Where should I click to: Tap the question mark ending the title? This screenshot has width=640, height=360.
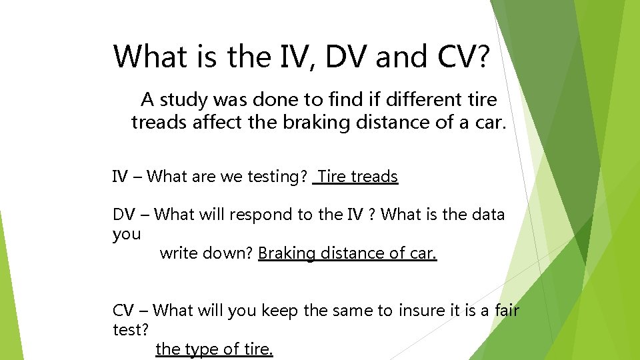(481, 57)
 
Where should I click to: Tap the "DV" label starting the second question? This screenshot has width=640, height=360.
(123, 215)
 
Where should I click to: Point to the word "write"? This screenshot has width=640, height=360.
(178, 253)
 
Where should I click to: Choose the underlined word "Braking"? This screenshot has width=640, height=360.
(287, 254)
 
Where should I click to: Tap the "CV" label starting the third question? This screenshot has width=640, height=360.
(123, 311)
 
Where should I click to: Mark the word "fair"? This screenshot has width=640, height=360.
(507, 311)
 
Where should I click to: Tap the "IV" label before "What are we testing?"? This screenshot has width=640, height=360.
(119, 177)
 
